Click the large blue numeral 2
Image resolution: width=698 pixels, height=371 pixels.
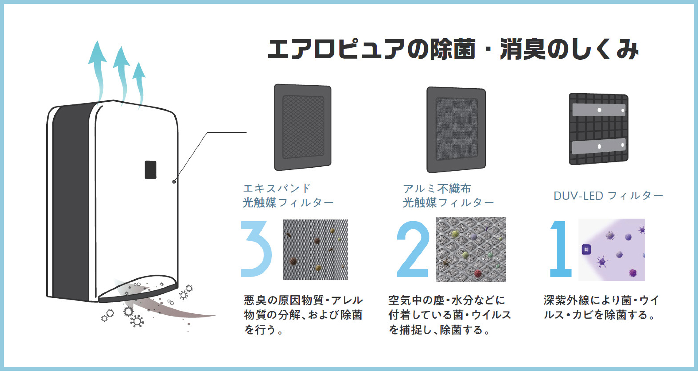413,249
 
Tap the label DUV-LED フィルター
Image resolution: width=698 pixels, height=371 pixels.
608,196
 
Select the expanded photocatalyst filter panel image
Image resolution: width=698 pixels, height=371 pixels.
303,127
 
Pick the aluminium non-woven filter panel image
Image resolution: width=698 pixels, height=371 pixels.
456,129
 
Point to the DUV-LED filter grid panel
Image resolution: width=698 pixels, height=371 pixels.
598,129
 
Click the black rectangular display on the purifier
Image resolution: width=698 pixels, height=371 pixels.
150,170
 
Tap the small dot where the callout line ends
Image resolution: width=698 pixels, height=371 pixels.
174,182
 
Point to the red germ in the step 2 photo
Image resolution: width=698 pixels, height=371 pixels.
478,273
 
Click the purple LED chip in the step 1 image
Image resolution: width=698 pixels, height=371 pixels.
586,250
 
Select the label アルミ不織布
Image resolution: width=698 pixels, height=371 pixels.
437,189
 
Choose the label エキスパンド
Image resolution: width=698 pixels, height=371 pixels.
277,188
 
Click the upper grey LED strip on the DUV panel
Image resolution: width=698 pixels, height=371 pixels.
598,110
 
